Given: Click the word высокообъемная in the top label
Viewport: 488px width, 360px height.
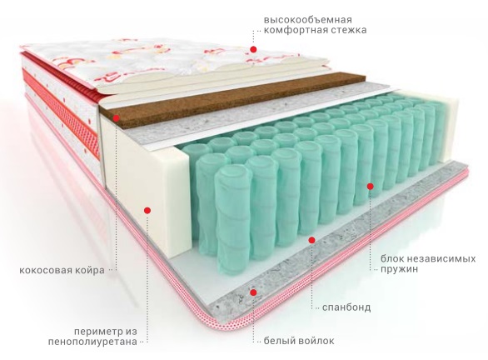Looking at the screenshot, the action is [x=308, y=20].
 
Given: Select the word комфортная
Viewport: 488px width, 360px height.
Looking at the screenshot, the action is [x=296, y=31].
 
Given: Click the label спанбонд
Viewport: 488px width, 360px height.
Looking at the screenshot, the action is [x=346, y=307].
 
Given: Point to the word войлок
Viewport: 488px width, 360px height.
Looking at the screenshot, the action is [x=316, y=341].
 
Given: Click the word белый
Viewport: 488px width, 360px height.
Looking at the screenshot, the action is [x=279, y=341].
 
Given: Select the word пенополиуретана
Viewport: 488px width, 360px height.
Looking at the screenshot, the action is [x=92, y=342].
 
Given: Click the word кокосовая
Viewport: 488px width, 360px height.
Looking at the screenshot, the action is [x=46, y=270].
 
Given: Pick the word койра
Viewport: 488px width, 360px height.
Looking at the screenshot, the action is [x=90, y=270].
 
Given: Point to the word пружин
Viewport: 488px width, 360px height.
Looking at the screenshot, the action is [x=399, y=269].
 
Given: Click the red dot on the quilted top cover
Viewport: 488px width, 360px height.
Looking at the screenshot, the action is [x=253, y=49].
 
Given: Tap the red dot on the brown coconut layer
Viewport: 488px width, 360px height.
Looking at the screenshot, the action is [x=117, y=118].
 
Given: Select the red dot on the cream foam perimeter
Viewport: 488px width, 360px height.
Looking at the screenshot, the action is [x=147, y=211].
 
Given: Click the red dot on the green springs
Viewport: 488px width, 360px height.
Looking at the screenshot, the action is [x=370, y=186].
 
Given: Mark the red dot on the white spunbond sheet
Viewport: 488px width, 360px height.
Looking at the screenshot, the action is [x=311, y=240].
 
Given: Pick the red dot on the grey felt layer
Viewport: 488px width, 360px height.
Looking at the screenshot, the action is [x=253, y=292].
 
